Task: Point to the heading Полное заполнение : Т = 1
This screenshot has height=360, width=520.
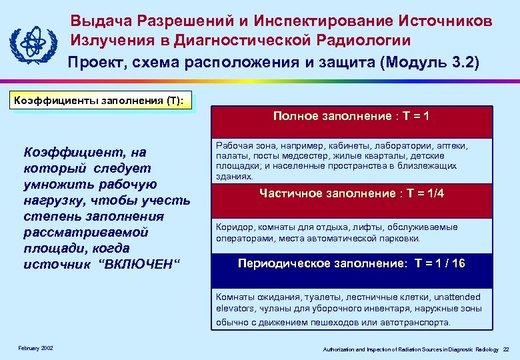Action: (351, 117)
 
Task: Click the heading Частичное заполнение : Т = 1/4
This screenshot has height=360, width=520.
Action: (351, 193)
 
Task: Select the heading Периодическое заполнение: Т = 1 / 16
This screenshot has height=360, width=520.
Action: (351, 263)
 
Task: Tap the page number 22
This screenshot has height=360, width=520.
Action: (506, 349)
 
